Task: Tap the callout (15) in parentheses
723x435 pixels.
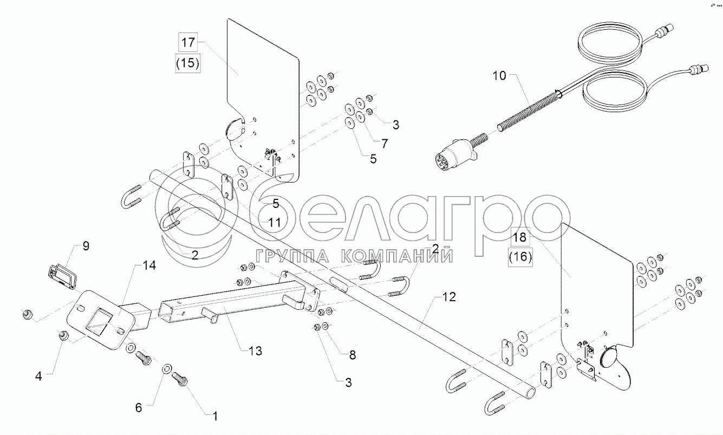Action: coord(188,62)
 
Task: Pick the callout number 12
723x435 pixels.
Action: coord(449,297)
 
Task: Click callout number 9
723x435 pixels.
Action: coord(86,246)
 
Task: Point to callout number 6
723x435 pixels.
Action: coord(139,407)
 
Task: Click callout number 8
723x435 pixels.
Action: coord(353,355)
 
